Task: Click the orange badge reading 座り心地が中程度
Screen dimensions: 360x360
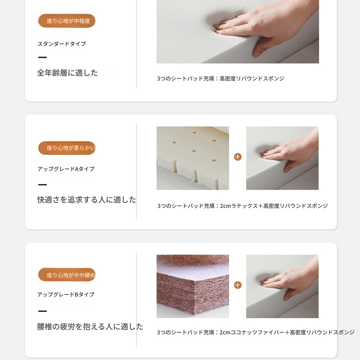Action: click(x=67, y=21)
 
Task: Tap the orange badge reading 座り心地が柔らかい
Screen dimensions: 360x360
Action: click(x=67, y=148)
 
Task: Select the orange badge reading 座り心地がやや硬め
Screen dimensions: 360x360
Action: click(x=67, y=274)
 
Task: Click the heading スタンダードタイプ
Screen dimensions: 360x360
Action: click(x=62, y=44)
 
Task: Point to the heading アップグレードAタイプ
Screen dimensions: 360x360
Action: click(x=66, y=169)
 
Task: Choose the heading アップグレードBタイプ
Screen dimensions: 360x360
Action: click(x=66, y=294)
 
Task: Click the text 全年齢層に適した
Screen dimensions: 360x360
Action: click(x=67, y=73)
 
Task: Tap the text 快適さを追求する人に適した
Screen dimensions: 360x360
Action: click(x=86, y=200)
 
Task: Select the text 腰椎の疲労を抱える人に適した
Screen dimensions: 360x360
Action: click(x=90, y=327)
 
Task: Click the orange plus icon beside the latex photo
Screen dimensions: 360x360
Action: click(x=238, y=157)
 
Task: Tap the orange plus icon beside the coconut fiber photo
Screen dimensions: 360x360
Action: click(x=238, y=285)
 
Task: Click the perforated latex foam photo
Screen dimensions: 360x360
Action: click(x=193, y=158)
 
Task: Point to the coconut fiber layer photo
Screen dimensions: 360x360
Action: click(x=193, y=286)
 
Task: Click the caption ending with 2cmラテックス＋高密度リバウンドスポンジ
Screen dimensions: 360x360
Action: click(x=243, y=206)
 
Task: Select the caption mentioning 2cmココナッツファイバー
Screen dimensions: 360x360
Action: click(x=256, y=332)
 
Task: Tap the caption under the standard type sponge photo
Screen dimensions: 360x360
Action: click(x=220, y=78)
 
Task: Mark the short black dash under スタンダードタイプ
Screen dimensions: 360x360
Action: click(x=42, y=57)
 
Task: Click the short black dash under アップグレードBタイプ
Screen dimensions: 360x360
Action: click(x=42, y=311)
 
